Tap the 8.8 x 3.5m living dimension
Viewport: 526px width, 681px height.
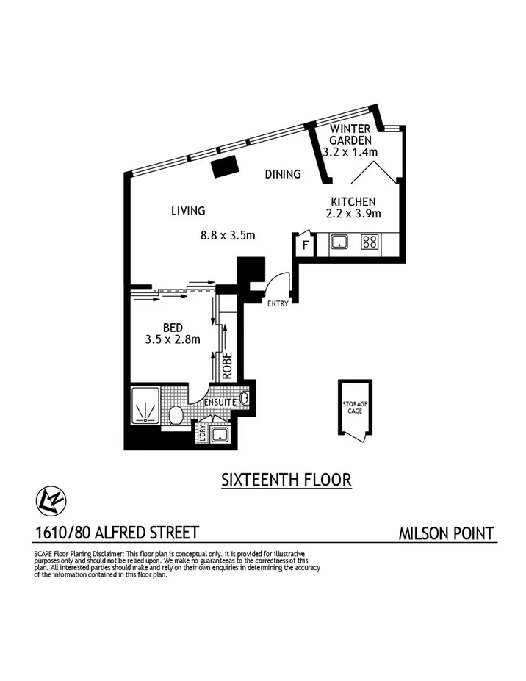[227, 236]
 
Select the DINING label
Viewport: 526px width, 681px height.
[283, 174]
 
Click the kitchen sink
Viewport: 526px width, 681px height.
[339, 242]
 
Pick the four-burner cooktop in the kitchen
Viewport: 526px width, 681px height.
[370, 242]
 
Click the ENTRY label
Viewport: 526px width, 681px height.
[277, 303]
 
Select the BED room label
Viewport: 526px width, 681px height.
[173, 327]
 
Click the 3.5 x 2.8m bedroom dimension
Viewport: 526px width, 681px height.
[173, 339]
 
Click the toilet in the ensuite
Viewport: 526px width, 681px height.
[176, 416]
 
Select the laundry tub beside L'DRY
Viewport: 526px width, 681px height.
[220, 435]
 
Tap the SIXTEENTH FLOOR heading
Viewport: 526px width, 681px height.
[287, 480]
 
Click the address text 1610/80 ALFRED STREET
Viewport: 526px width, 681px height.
[116, 532]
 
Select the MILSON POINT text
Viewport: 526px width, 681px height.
[446, 533]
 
